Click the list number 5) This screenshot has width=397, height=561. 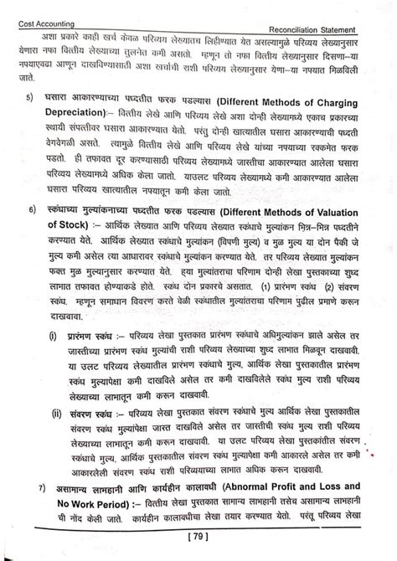pyautogui.click(x=30, y=98)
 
